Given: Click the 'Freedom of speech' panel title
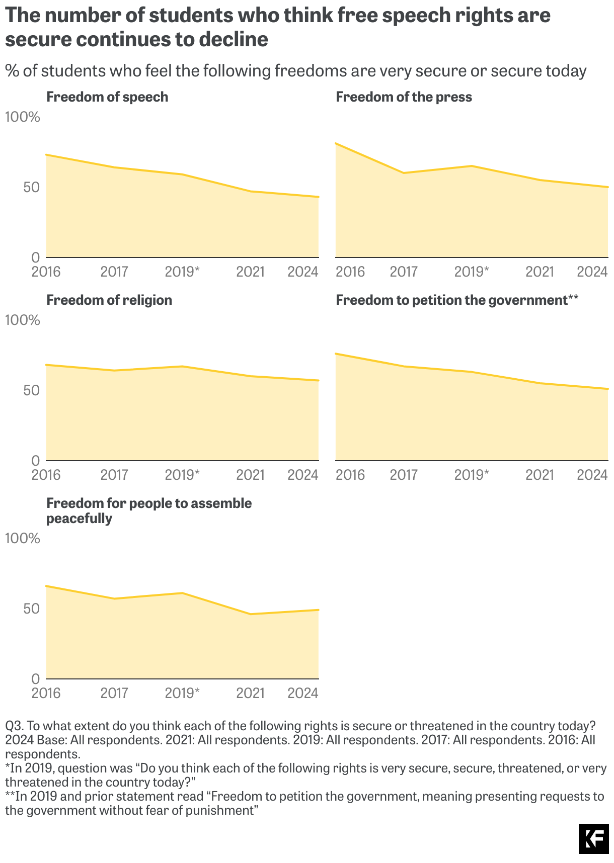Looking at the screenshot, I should coord(107,97).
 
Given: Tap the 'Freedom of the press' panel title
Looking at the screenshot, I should coord(404,97).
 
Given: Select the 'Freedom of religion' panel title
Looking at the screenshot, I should coord(109,300).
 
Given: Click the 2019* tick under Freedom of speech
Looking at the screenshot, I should coord(182,272).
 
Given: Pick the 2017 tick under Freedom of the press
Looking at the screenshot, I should coord(404,272).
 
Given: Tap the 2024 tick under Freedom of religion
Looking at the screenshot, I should coord(303,475).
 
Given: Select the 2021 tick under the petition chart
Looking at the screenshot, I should coord(540,475).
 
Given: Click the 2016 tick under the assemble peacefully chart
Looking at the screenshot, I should coord(46,694).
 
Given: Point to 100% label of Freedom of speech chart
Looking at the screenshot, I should coord(22,117).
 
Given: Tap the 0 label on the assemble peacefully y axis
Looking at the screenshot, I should coord(35,679).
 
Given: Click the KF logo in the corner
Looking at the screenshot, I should coord(593,839).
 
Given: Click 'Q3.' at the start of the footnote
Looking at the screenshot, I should coord(14,726).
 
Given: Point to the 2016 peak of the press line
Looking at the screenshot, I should coord(336,144).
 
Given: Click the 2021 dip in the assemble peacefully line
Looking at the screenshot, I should coord(251,614).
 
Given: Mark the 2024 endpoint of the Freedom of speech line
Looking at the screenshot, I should coord(318,197).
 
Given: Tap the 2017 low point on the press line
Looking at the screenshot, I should coord(404,173).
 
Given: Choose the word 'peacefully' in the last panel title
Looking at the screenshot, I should coord(79,519).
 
